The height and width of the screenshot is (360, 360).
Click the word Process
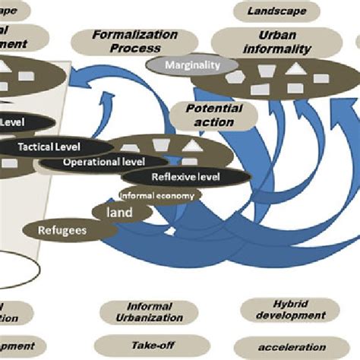(135, 47)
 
